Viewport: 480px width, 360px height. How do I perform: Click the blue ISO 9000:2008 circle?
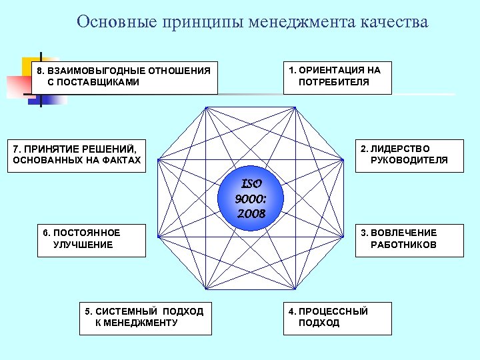point(251,198)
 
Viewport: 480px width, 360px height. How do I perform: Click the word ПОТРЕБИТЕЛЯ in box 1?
point(334,83)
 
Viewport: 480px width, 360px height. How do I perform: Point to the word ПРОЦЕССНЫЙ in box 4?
point(333,311)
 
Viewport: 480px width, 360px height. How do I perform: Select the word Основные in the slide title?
point(109,22)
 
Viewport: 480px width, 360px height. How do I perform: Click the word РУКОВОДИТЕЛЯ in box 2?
point(409,160)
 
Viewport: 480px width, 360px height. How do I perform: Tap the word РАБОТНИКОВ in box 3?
point(404,245)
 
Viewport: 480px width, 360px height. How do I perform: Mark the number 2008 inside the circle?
point(251,214)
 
